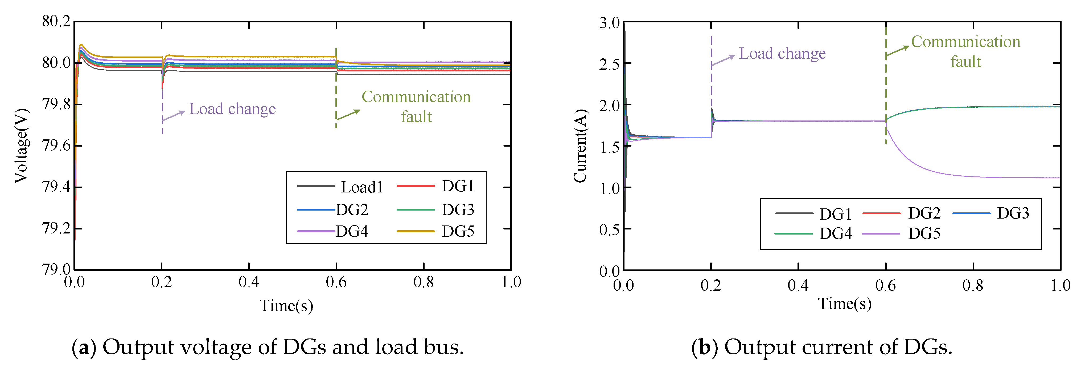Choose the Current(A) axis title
(x=580, y=146)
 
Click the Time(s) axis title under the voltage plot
(x=286, y=306)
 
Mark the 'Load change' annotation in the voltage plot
(x=232, y=109)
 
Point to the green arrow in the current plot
(x=897, y=51)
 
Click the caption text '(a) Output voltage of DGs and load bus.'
(x=268, y=347)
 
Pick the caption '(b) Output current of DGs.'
(x=822, y=347)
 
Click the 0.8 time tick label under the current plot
(x=973, y=285)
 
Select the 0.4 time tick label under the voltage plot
(x=249, y=282)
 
